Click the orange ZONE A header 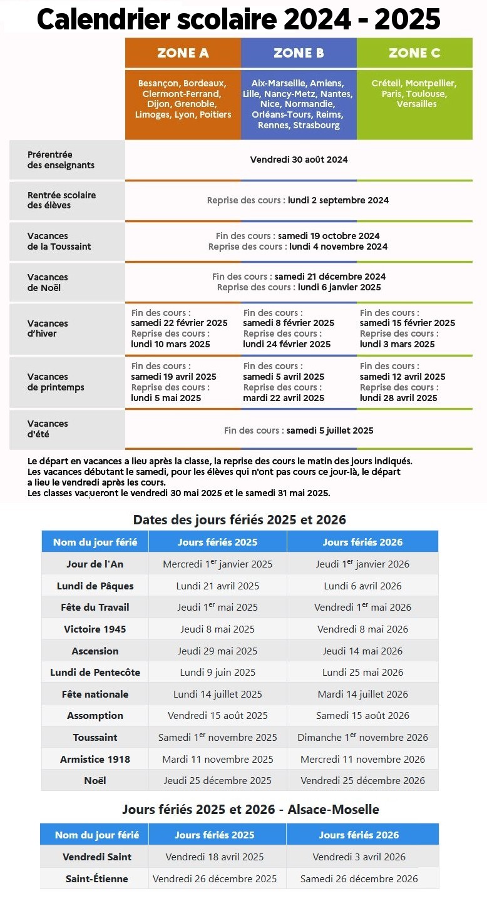[x=183, y=53]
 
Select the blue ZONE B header [x=299, y=53]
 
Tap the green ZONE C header [x=414, y=53]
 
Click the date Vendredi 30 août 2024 [x=299, y=160]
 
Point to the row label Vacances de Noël [x=48, y=282]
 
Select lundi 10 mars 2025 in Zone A [x=170, y=344]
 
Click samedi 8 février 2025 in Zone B [x=289, y=323]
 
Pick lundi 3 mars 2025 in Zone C [x=397, y=344]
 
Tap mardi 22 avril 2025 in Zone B [x=284, y=398]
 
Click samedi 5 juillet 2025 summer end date [x=330, y=430]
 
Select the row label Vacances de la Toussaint [x=59, y=242]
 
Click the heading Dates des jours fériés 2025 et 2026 [x=240, y=520]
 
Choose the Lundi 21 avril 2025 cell [x=218, y=586]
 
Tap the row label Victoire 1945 [x=95, y=629]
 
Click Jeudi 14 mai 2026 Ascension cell [x=362, y=651]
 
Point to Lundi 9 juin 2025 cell [x=218, y=672]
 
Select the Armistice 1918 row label [x=95, y=759]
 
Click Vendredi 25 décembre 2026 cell [x=362, y=780]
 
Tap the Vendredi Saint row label [x=97, y=857]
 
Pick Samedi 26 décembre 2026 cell [x=359, y=878]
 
